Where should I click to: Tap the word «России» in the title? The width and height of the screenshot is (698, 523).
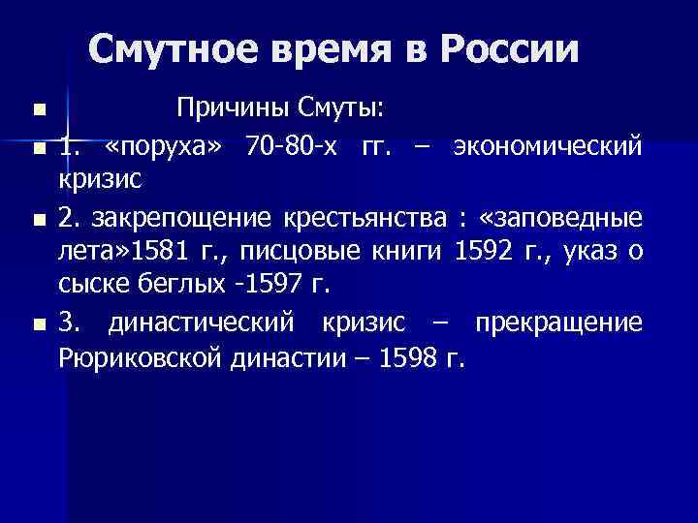(514, 48)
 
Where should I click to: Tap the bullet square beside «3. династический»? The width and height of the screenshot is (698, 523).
(37, 323)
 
